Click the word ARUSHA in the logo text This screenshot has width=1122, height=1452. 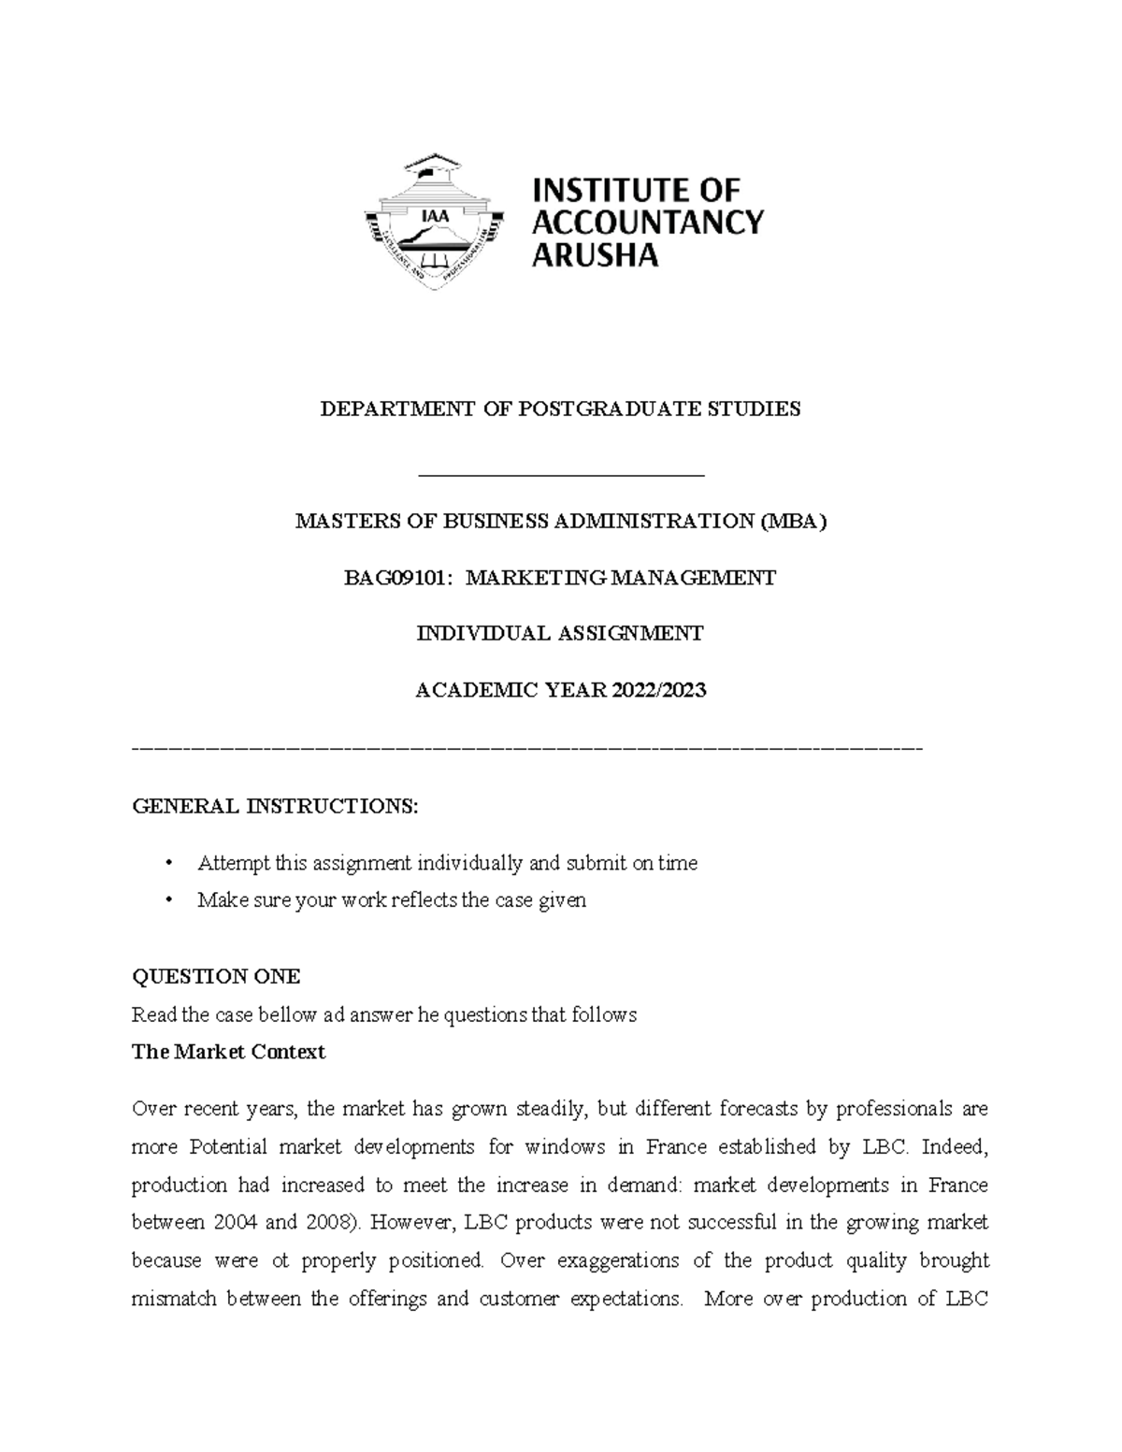pyautogui.click(x=595, y=254)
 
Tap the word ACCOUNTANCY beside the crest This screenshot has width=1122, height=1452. pyautogui.click(x=647, y=223)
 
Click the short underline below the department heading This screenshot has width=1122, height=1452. pyautogui.click(x=561, y=476)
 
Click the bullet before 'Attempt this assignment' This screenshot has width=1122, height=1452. pyautogui.click(x=169, y=863)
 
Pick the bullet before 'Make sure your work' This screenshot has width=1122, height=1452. pyautogui.click(x=169, y=900)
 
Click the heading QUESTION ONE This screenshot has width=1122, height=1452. pyautogui.click(x=216, y=977)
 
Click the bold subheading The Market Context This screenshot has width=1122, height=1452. pyautogui.click(x=228, y=1052)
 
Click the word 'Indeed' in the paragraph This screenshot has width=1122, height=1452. pyautogui.click(x=953, y=1147)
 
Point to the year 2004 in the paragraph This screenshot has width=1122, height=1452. pyautogui.click(x=237, y=1223)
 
